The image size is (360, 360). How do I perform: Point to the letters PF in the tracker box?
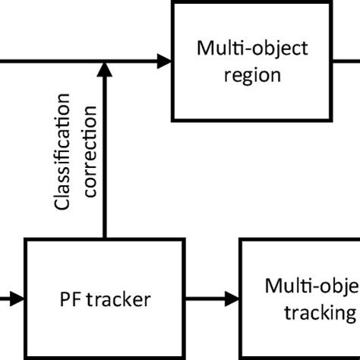tap(68, 299)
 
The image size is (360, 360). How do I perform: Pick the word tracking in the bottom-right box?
tap(320, 313)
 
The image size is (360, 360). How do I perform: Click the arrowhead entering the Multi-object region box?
tap(163, 60)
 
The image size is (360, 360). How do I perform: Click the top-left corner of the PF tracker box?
tap(27, 240)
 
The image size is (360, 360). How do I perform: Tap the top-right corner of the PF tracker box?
tap(185, 240)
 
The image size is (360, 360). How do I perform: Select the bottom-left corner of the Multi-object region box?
tap(173, 119)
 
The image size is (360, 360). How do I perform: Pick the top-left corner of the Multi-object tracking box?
tap(242, 240)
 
